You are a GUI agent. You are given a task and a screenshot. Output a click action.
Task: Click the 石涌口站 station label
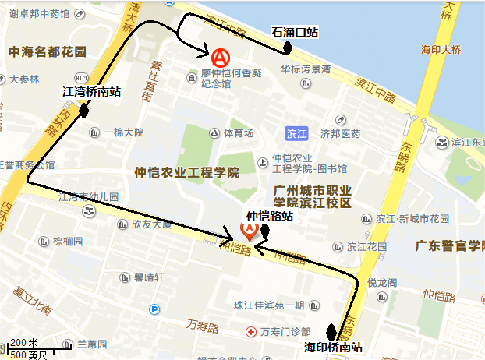295,32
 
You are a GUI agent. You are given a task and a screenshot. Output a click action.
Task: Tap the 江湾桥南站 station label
91,92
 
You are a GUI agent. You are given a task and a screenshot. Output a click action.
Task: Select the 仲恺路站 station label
270,216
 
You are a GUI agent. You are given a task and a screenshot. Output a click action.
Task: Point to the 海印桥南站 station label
335,347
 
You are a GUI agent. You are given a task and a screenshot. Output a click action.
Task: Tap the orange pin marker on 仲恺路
250,229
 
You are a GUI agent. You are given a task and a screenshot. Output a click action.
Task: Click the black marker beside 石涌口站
288,47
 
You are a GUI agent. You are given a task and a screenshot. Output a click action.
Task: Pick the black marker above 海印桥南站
331,332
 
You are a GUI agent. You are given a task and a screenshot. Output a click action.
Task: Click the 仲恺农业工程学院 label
186,172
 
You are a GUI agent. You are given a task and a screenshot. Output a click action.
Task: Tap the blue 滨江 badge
296,133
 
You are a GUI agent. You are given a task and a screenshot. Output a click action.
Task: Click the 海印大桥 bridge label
441,50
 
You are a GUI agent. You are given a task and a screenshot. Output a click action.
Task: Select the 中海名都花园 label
47,51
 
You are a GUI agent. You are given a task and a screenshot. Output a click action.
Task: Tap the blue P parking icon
154,309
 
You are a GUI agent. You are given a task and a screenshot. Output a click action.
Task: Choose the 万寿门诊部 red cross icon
250,332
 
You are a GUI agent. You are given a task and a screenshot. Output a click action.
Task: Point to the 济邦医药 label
341,133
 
